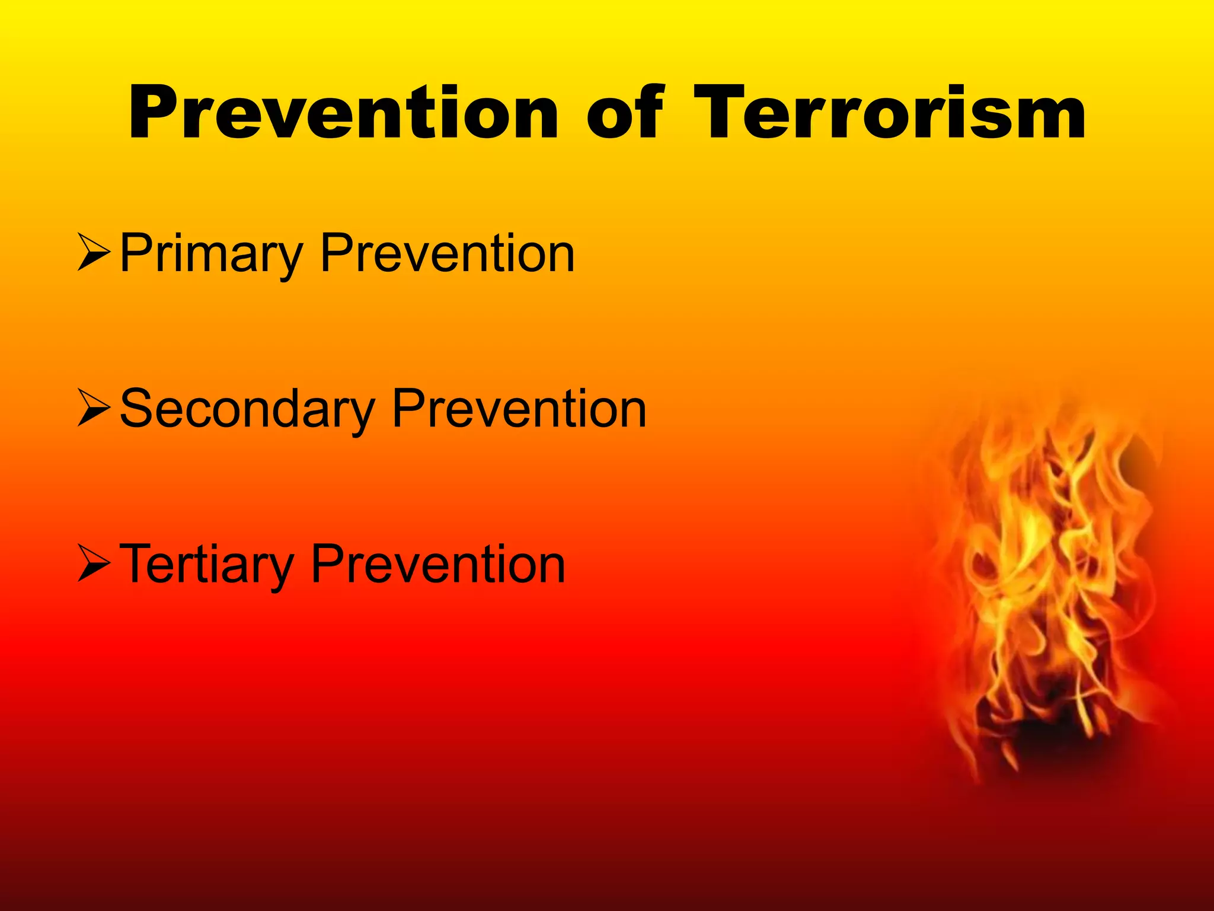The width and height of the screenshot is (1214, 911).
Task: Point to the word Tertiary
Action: click(206, 565)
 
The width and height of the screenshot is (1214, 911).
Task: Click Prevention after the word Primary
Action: click(448, 254)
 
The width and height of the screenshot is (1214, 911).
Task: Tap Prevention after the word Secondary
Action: click(519, 409)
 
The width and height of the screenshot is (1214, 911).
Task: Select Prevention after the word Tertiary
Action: click(438, 565)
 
